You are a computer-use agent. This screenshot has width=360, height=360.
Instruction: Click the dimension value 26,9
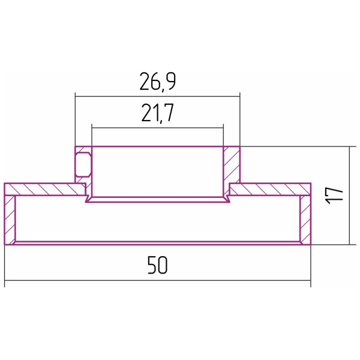pos(157,82)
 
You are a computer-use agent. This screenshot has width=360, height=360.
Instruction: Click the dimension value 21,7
pos(157,113)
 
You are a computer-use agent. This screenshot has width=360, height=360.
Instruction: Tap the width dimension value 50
pos(157,265)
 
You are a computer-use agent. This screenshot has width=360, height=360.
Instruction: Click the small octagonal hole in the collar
pos(83,163)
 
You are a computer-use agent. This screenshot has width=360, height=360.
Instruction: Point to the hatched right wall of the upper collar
pos(231,164)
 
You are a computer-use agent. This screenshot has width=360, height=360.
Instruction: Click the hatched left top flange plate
pos(45,190)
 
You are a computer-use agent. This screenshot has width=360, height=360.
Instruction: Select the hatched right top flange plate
pos(270,190)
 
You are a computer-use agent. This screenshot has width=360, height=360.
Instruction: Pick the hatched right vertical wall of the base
pos(305,219)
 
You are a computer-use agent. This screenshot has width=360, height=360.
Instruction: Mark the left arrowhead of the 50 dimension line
pos(7,280)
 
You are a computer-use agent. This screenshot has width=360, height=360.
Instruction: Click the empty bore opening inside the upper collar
pos(157,171)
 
